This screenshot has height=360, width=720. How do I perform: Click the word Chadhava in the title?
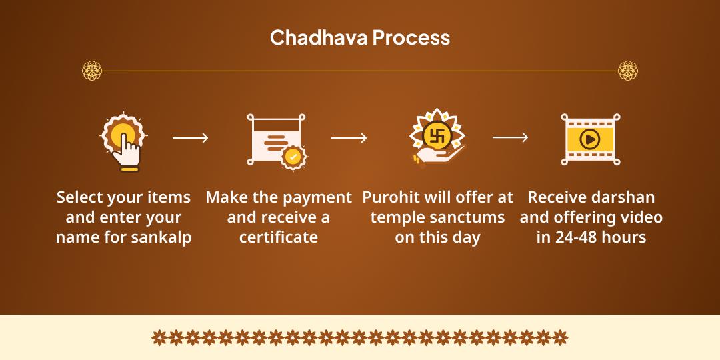[x=319, y=37]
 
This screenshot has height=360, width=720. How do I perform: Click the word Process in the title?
[x=411, y=37]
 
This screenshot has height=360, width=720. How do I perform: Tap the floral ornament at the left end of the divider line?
[x=92, y=71]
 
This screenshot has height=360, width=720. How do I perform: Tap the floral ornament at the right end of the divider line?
[x=628, y=71]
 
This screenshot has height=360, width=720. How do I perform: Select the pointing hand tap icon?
[x=123, y=142]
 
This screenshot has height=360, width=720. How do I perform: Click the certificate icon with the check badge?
[x=277, y=141]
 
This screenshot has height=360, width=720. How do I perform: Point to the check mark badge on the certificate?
[x=293, y=157]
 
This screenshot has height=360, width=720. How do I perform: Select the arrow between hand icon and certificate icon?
[x=190, y=138]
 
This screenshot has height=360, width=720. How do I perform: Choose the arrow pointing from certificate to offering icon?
[x=349, y=138]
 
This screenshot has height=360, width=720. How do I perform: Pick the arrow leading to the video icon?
[x=510, y=138]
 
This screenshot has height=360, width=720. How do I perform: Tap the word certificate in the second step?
[x=279, y=237]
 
